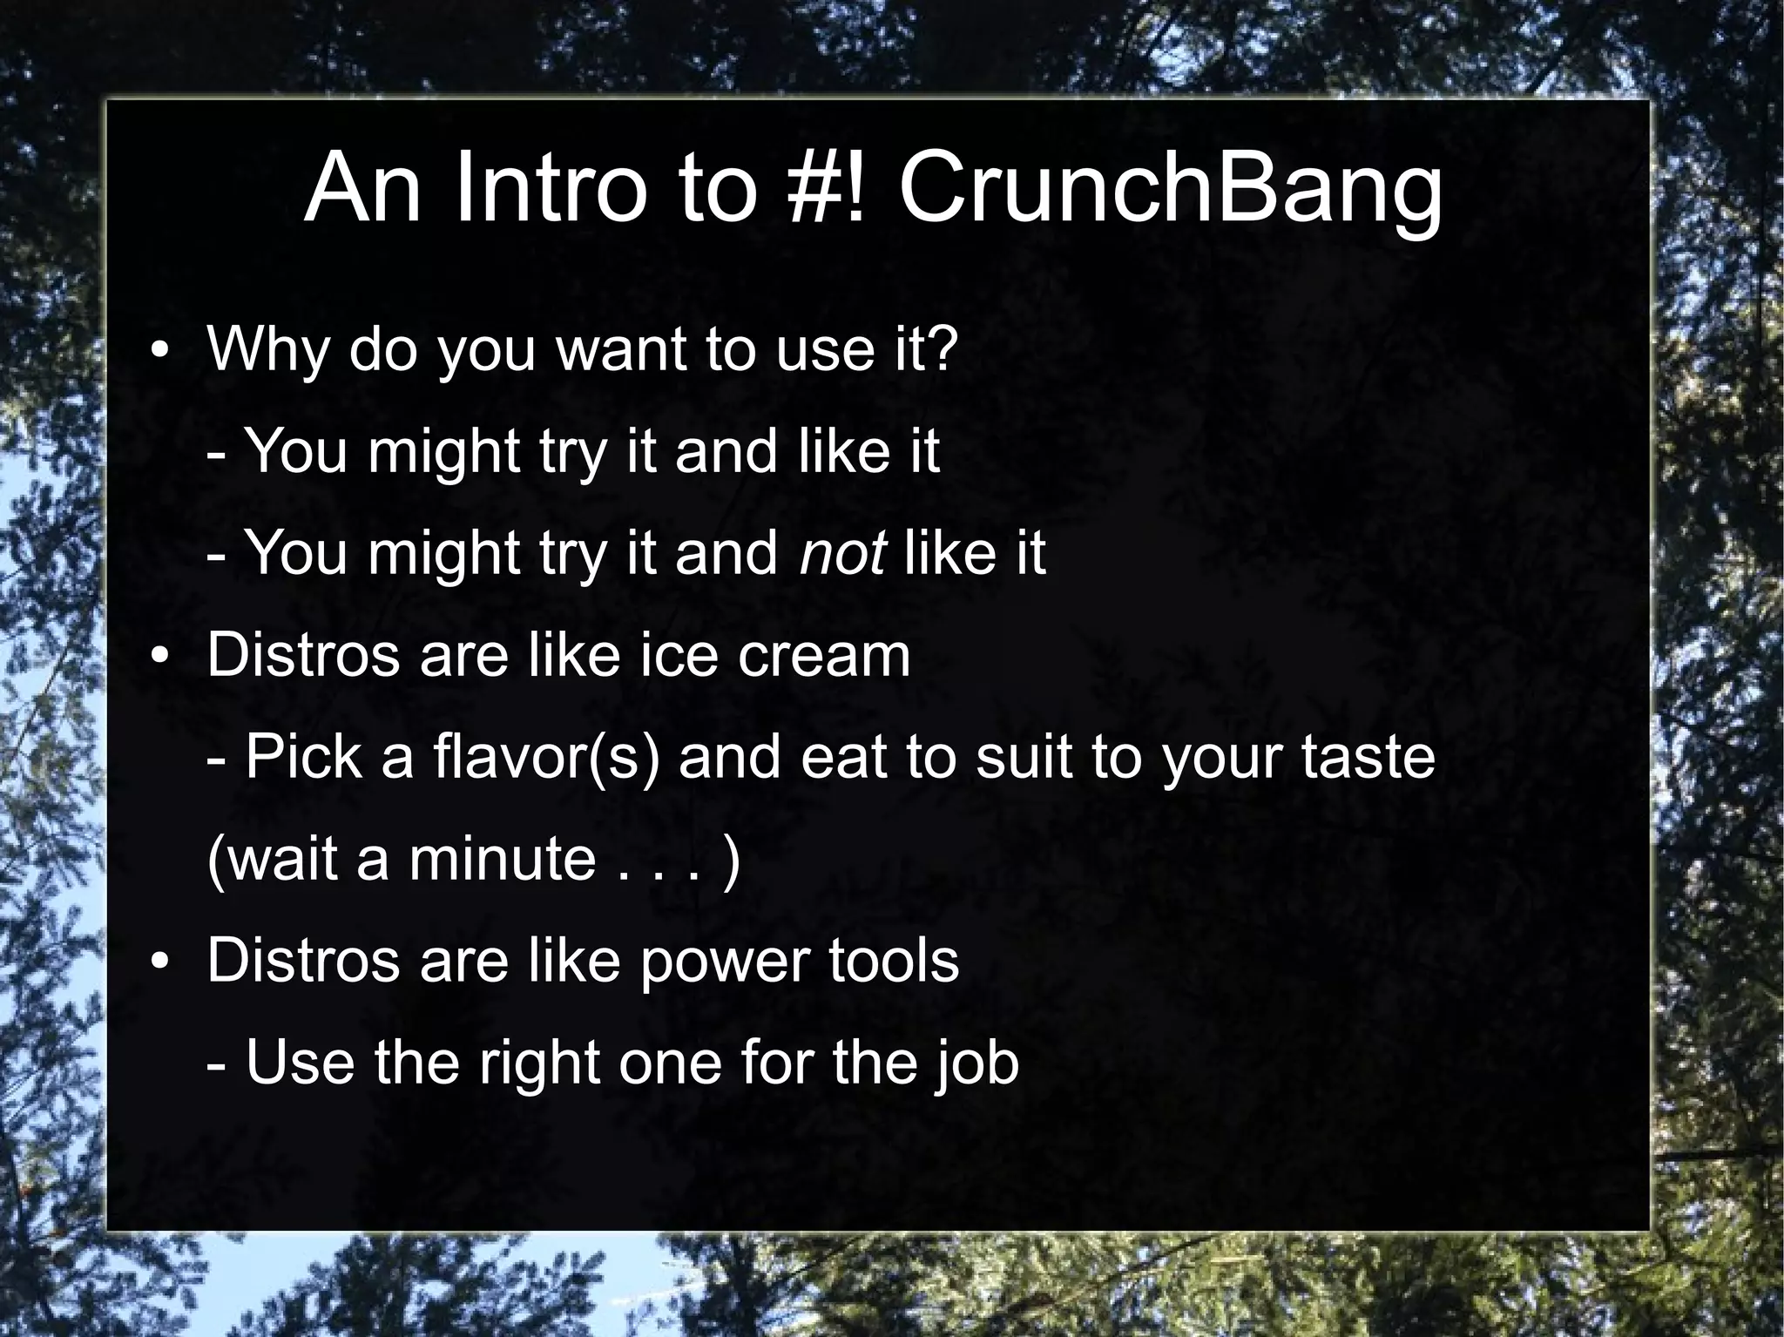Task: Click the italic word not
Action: click(x=842, y=553)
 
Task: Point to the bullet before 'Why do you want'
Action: click(x=158, y=351)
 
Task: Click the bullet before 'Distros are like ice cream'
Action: click(x=158, y=658)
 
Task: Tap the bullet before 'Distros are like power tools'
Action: click(x=158, y=963)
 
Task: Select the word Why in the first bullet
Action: click(x=269, y=349)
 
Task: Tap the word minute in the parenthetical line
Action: click(x=502, y=859)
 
